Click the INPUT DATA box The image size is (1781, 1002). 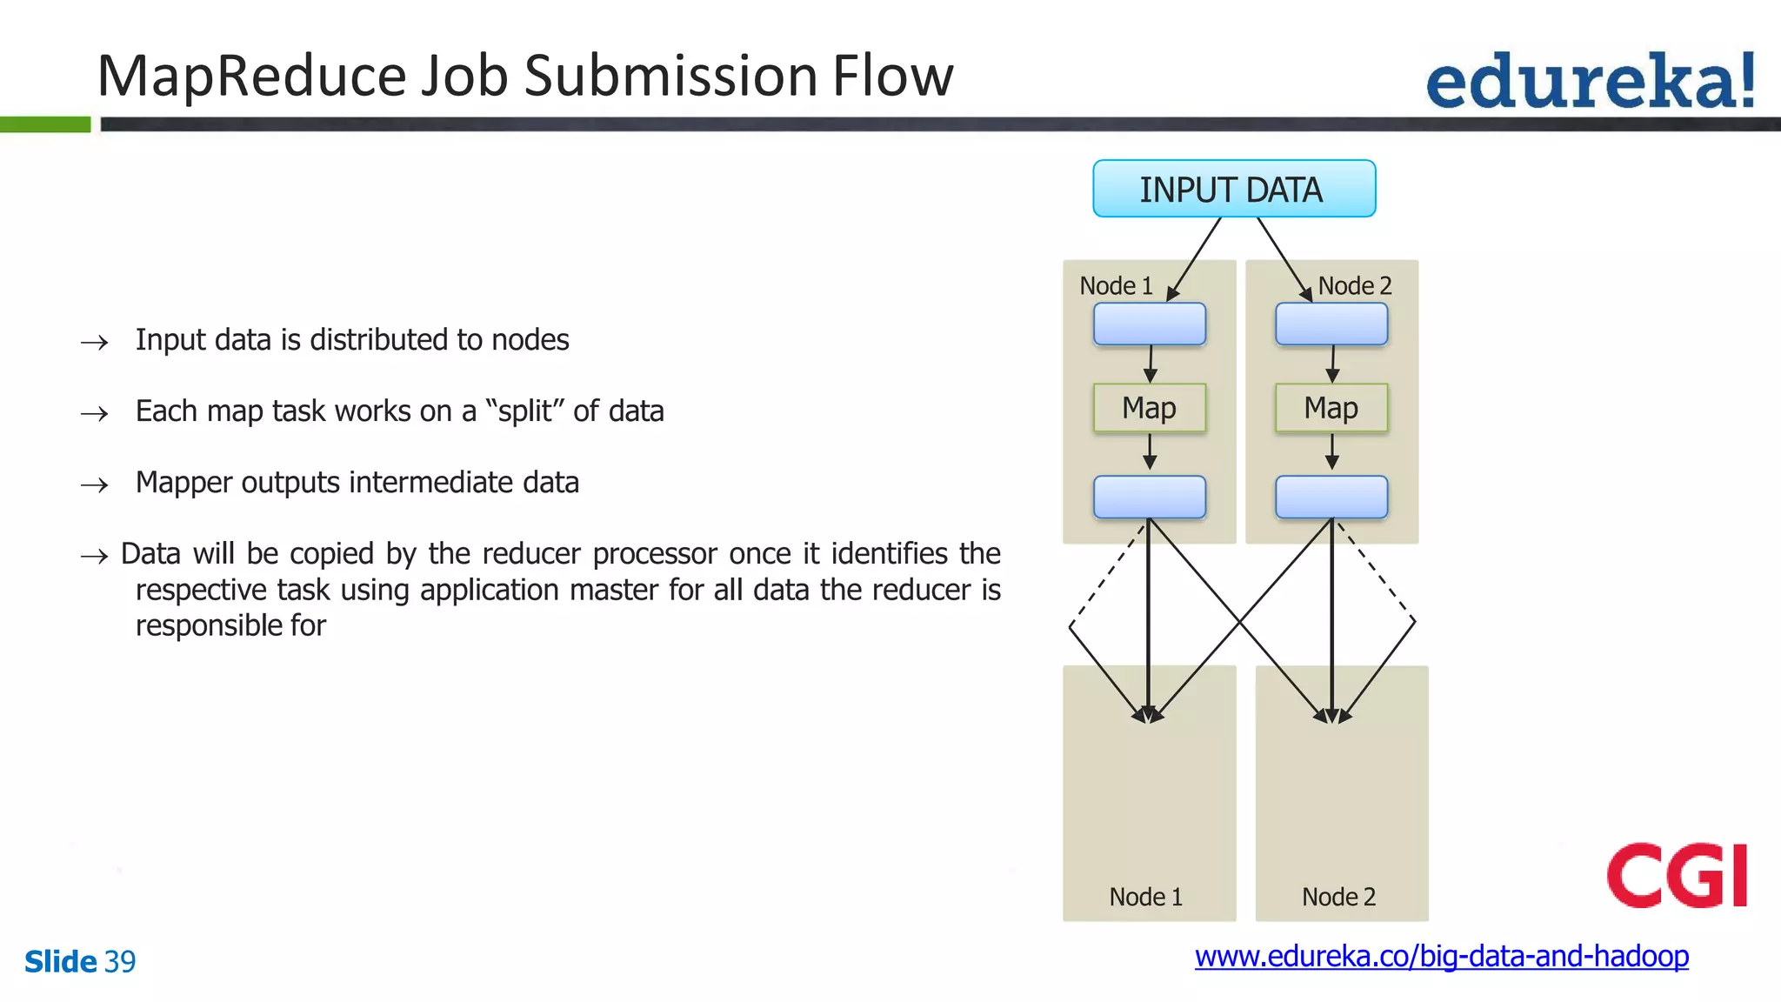click(x=1233, y=189)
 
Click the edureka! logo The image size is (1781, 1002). click(x=1590, y=81)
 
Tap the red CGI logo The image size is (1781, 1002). click(x=1677, y=875)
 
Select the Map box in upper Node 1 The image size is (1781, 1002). click(x=1149, y=408)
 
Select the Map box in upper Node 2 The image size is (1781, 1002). click(x=1331, y=408)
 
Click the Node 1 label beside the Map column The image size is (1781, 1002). click(x=1116, y=285)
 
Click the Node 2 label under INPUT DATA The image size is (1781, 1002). click(x=1354, y=285)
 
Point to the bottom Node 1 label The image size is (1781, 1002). click(x=1145, y=897)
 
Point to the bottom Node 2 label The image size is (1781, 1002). click(x=1338, y=897)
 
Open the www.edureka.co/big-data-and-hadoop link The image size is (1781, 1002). click(x=1441, y=956)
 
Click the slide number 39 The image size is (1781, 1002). click(x=120, y=961)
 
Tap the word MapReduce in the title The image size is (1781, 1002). click(x=252, y=76)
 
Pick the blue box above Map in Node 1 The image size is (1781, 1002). click(x=1149, y=324)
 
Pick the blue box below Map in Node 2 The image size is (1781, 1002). click(x=1331, y=497)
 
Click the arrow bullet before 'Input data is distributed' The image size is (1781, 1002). click(x=94, y=342)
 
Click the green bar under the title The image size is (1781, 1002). click(x=45, y=124)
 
